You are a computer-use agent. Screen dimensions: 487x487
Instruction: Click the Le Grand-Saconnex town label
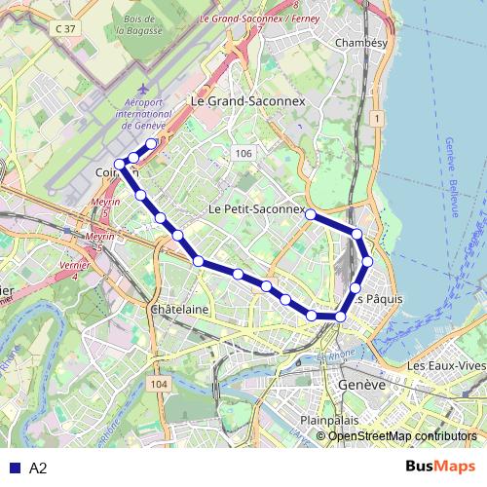pyautogui.click(x=247, y=100)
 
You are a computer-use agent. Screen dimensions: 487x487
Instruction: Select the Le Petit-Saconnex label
pyautogui.click(x=256, y=208)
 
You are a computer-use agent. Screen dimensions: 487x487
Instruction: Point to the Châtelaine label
pyautogui.click(x=180, y=309)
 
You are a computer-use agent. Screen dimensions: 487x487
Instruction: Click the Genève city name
pyautogui.click(x=356, y=385)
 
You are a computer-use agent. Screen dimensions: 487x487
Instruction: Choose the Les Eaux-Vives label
pyautogui.click(x=445, y=365)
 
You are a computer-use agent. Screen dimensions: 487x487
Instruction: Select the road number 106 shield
pyautogui.click(x=243, y=154)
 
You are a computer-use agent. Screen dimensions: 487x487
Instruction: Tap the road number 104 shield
pyautogui.click(x=160, y=385)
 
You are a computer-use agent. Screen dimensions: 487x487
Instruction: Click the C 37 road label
pyautogui.click(x=65, y=29)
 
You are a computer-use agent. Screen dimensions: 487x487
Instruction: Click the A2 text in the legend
pyautogui.click(x=39, y=468)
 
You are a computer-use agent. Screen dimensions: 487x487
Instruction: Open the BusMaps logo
pyautogui.click(x=441, y=468)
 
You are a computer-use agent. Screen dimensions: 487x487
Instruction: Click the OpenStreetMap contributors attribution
pyautogui.click(x=402, y=435)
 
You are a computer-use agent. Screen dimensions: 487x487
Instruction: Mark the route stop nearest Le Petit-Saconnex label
pyautogui.click(x=311, y=213)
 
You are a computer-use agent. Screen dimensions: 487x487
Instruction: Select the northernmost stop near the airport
pyautogui.click(x=152, y=145)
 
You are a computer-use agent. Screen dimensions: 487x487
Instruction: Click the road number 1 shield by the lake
pyautogui.click(x=375, y=118)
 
